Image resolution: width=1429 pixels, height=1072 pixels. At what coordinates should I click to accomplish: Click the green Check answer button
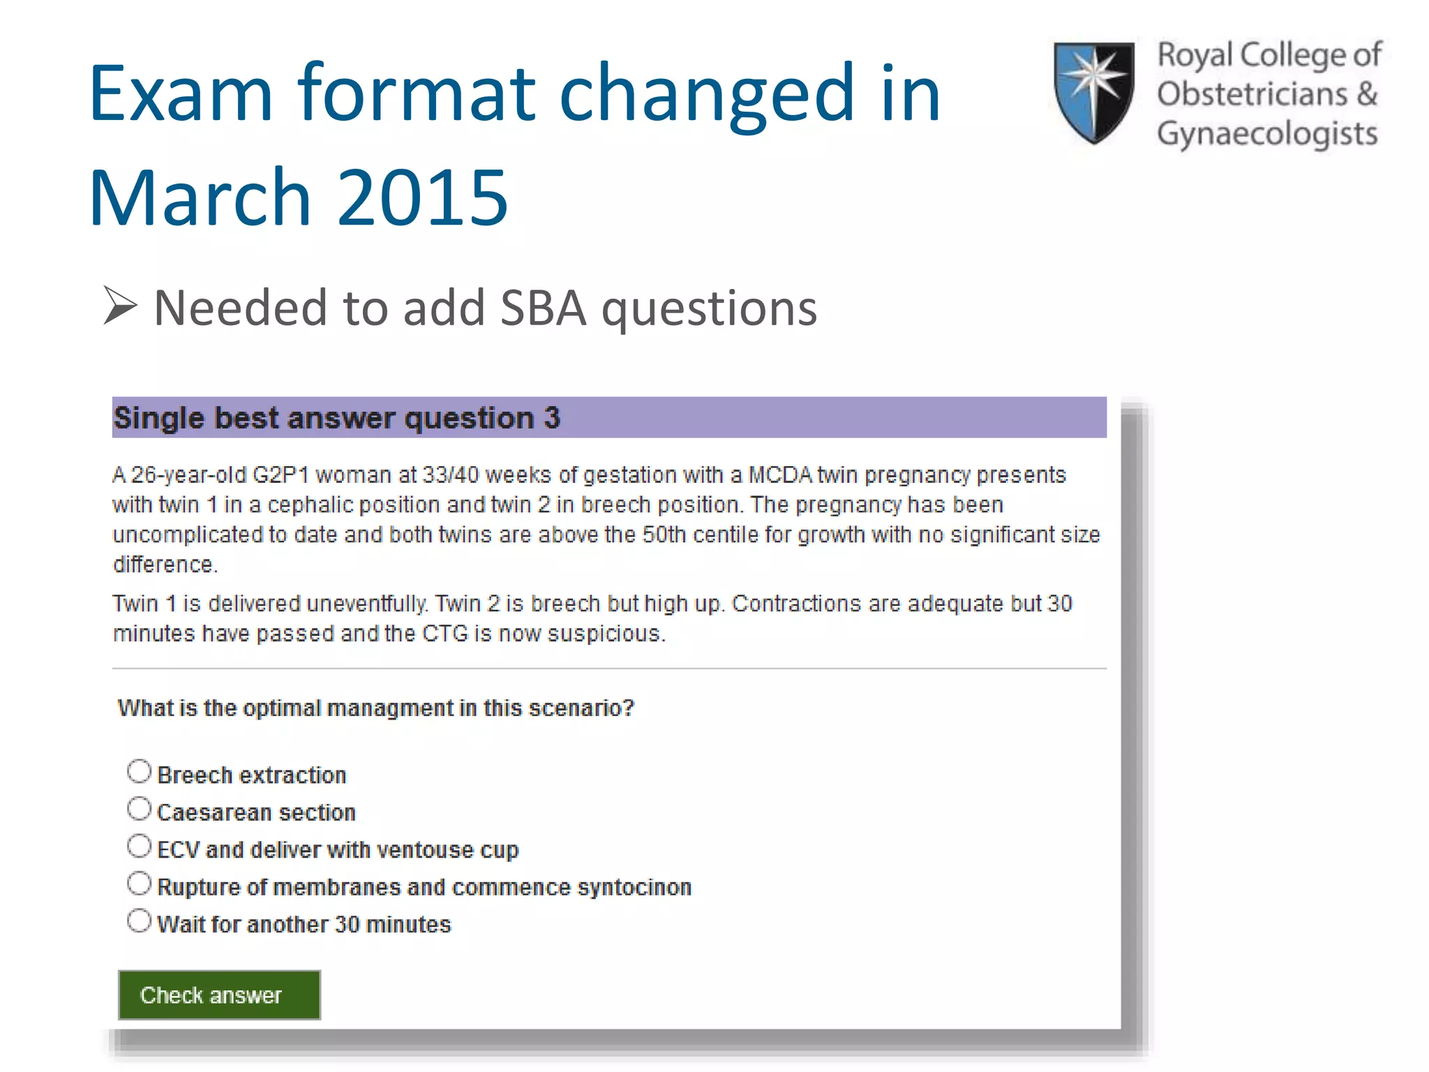pyautogui.click(x=218, y=995)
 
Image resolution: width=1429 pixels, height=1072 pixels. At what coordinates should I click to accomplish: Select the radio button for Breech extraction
pyautogui.click(x=140, y=772)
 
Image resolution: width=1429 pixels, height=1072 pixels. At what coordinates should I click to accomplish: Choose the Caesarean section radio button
pyautogui.click(x=140, y=809)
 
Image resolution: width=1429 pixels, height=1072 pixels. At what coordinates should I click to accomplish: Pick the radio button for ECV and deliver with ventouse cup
pyautogui.click(x=140, y=846)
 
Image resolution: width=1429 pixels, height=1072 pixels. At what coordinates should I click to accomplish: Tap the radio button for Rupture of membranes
pyautogui.click(x=140, y=884)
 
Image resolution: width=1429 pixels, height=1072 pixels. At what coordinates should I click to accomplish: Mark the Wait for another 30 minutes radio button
pyautogui.click(x=140, y=921)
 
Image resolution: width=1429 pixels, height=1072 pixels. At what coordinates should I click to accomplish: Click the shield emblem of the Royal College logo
pyautogui.click(x=1093, y=91)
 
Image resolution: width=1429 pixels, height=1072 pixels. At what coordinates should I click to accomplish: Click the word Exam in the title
pyautogui.click(x=181, y=94)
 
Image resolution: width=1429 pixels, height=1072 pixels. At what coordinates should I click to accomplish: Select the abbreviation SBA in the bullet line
pyautogui.click(x=544, y=308)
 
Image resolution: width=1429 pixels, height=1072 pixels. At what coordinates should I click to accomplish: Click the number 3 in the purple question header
pyautogui.click(x=552, y=418)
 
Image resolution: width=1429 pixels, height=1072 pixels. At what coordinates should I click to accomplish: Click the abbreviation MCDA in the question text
pyautogui.click(x=780, y=475)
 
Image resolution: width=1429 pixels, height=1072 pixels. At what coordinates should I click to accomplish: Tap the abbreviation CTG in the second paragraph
pyautogui.click(x=444, y=634)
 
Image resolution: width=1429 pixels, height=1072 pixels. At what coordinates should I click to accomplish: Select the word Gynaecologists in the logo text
pyautogui.click(x=1267, y=134)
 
